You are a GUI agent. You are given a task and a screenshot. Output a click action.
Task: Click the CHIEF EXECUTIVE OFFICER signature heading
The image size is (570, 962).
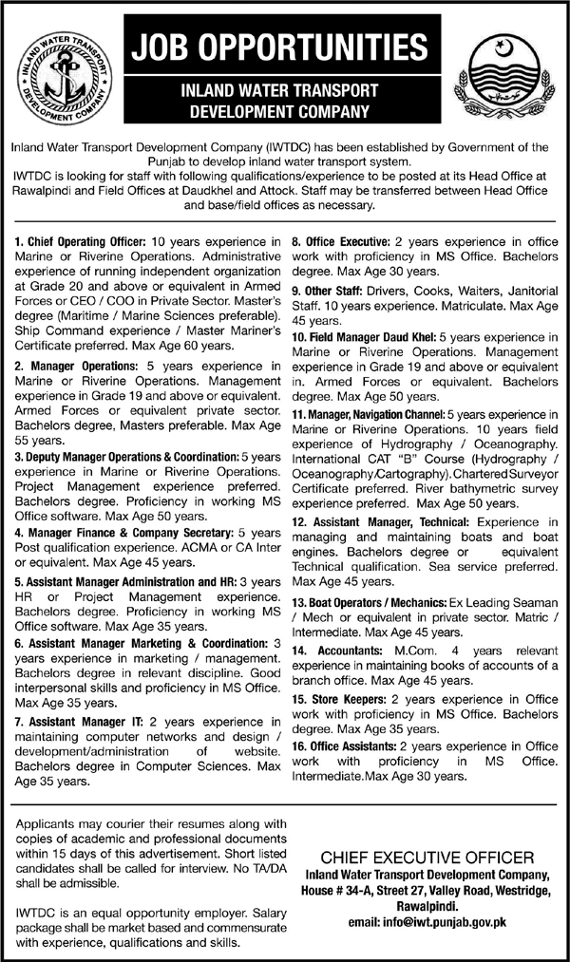(420, 857)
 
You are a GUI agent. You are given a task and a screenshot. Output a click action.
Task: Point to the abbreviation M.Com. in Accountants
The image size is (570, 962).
(410, 651)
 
